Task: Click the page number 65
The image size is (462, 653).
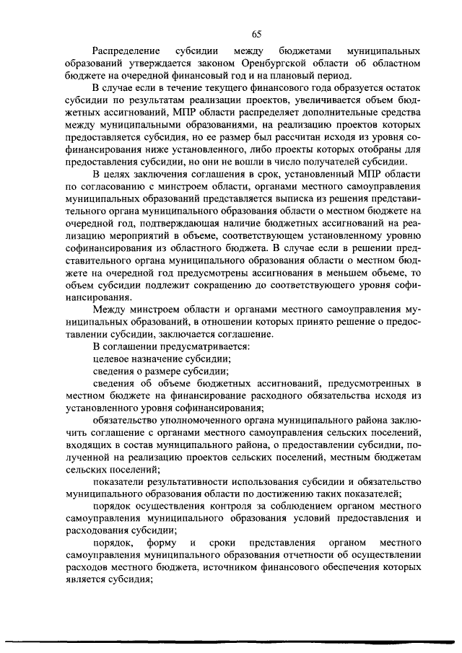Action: (257, 33)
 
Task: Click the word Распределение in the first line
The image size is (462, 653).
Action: (126, 52)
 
